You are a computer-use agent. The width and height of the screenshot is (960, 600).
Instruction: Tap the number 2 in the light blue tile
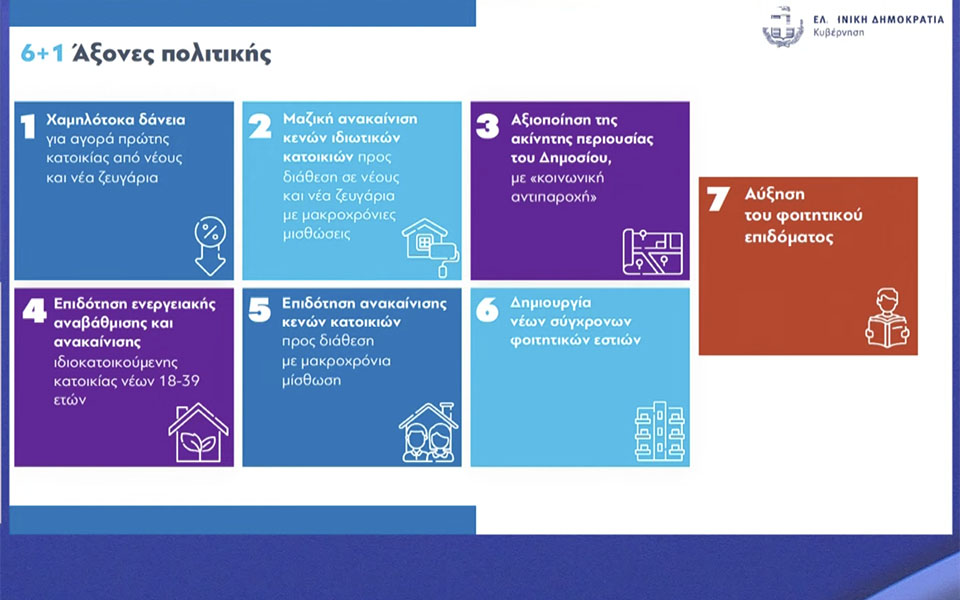pos(260,126)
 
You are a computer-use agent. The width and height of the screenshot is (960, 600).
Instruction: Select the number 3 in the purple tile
pos(488,126)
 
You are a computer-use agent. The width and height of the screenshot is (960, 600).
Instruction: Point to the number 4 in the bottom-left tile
pos(33,312)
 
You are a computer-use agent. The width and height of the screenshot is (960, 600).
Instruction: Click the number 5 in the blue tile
pos(260,311)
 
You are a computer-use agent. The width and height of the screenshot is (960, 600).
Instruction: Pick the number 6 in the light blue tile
pos(488,311)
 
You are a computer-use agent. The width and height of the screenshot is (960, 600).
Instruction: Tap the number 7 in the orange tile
pos(717,200)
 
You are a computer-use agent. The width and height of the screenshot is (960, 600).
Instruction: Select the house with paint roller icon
pos(430,243)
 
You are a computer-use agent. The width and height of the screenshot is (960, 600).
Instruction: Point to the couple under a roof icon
pos(428,432)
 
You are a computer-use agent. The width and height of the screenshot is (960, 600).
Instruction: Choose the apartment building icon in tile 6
pos(659,432)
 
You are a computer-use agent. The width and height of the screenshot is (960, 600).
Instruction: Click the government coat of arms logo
pos(782,26)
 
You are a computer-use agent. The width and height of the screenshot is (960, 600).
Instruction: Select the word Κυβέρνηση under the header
pos(840,33)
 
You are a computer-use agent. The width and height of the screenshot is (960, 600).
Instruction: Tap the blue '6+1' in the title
pos(43,54)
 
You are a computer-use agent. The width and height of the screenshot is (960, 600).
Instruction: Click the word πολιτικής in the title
pos(221,54)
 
